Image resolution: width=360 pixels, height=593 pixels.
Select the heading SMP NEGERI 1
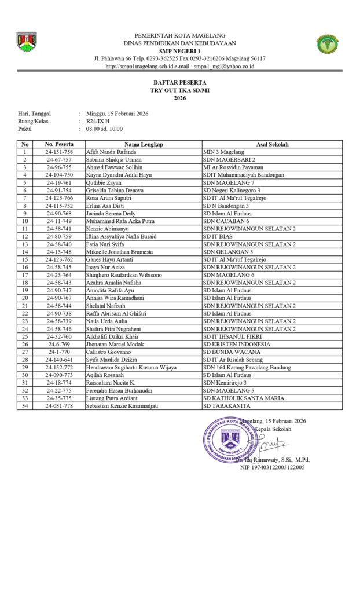179,51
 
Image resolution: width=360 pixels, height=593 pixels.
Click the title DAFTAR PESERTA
179,84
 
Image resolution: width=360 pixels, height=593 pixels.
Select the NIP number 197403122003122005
272,467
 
